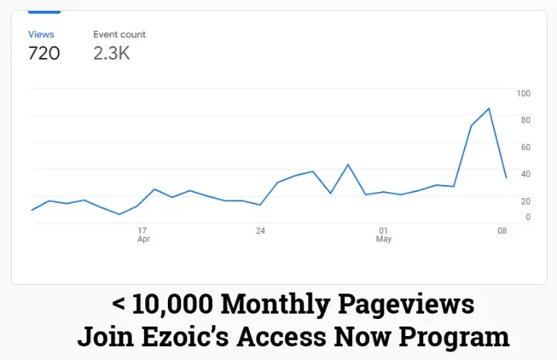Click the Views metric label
click(x=40, y=34)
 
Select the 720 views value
click(x=44, y=53)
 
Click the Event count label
click(x=119, y=34)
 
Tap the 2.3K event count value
click(x=111, y=53)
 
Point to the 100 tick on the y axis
click(x=524, y=94)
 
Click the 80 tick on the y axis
click(x=525, y=120)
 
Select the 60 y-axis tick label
click(x=525, y=147)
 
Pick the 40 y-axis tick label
click(x=525, y=174)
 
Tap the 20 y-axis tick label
click(x=525, y=201)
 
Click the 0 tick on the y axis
click(x=528, y=218)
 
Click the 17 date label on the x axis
click(x=142, y=231)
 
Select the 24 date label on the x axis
click(x=261, y=231)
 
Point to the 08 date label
click(x=502, y=231)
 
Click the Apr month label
click(x=144, y=239)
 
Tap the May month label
click(x=384, y=239)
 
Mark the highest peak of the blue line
click(x=488, y=108)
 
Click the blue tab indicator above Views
click(x=44, y=12)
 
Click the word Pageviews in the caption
click(x=415, y=304)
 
